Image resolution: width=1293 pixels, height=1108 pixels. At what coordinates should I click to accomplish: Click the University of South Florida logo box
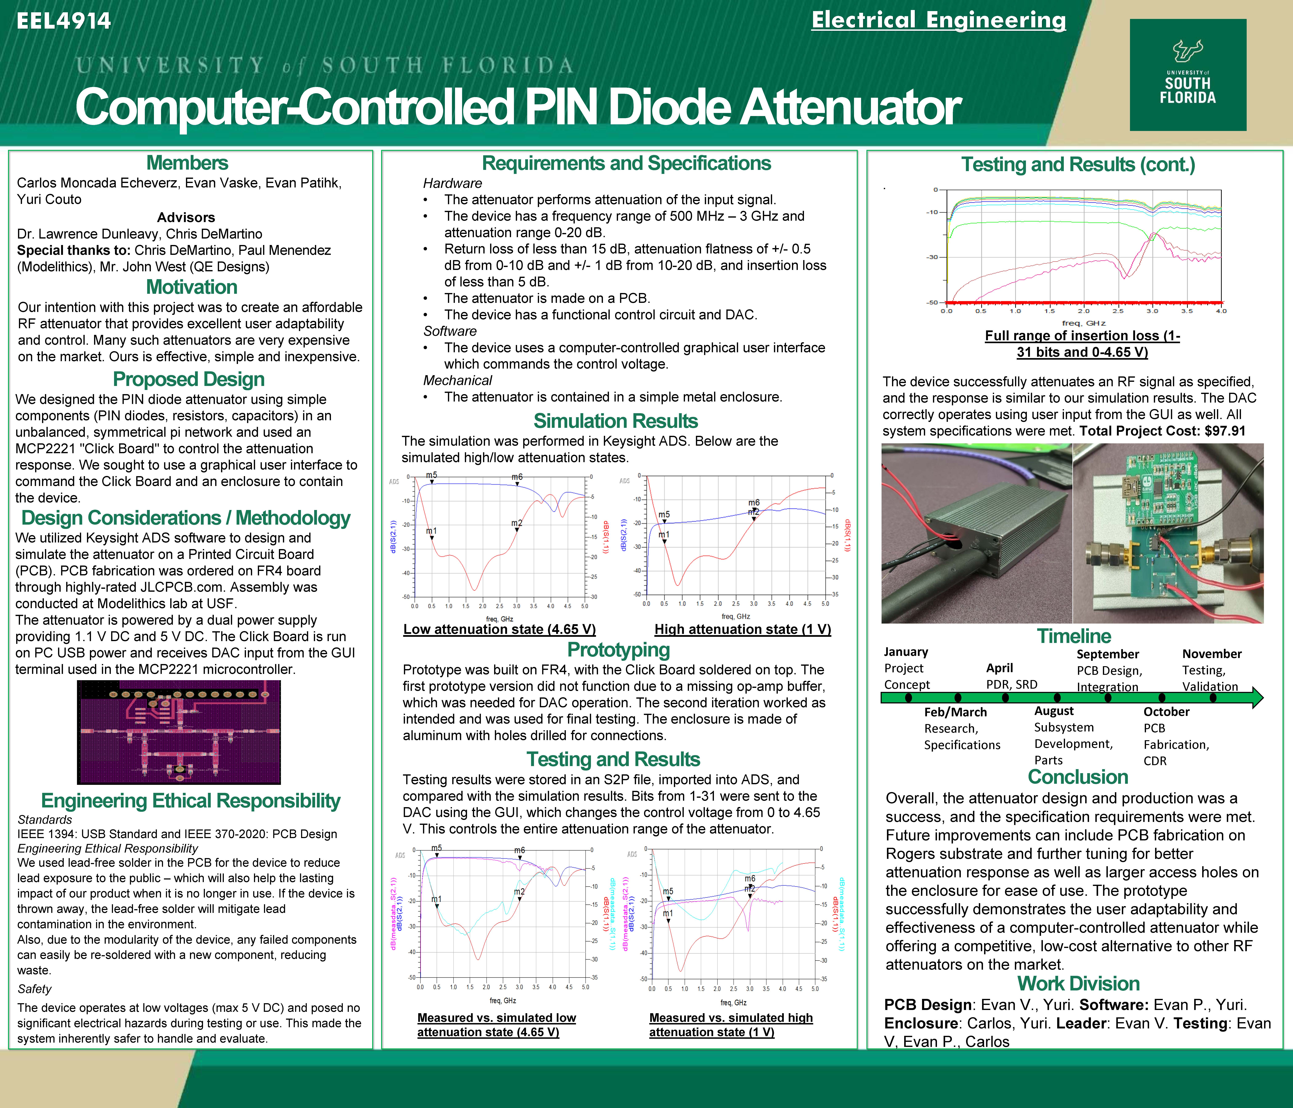pyautogui.click(x=1188, y=75)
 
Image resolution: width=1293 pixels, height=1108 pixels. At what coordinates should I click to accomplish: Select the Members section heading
pyautogui.click(x=187, y=163)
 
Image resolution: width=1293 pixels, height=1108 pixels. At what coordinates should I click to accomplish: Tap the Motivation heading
pyautogui.click(x=192, y=287)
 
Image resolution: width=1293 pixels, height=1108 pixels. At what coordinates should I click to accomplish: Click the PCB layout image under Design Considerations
pyautogui.click(x=179, y=732)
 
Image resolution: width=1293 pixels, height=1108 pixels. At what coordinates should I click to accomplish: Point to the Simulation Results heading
pyautogui.click(x=615, y=421)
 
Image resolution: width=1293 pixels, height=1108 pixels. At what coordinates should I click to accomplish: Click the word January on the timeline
pyautogui.click(x=905, y=652)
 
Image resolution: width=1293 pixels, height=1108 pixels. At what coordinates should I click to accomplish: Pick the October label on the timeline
pyautogui.click(x=1166, y=712)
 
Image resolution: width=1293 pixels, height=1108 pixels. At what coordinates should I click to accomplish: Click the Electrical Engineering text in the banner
pyautogui.click(x=939, y=20)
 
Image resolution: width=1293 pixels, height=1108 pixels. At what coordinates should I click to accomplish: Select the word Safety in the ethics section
pyautogui.click(x=34, y=989)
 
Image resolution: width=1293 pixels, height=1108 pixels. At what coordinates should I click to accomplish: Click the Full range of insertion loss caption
pyautogui.click(x=1082, y=344)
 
